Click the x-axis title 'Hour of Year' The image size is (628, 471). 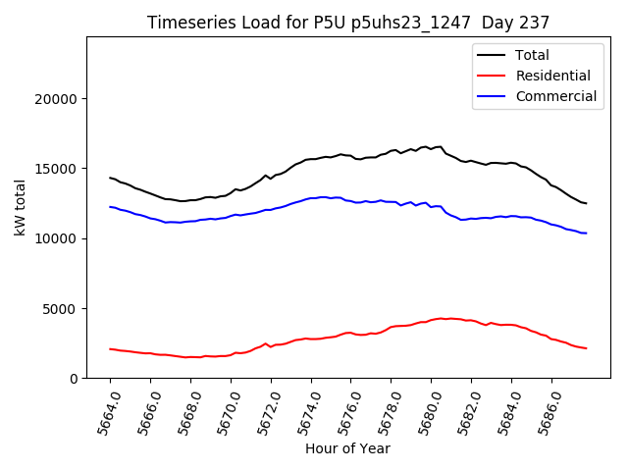347,448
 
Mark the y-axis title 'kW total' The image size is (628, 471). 21,207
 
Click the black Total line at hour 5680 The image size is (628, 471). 431,148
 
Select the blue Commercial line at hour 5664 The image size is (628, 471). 110,207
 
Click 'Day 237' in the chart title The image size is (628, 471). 515,23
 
